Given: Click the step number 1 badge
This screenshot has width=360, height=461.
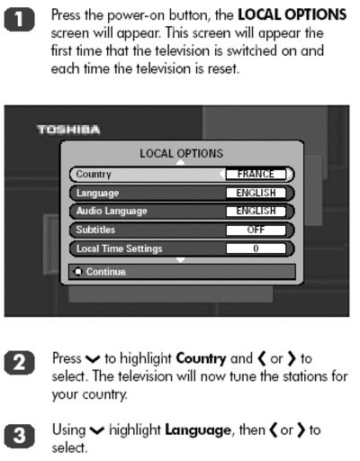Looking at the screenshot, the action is click(x=19, y=20).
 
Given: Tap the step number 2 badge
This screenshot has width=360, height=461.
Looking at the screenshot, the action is click(x=19, y=362).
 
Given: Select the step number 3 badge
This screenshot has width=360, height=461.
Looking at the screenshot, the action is click(x=19, y=436).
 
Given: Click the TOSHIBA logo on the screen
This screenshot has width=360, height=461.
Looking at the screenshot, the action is click(x=68, y=130).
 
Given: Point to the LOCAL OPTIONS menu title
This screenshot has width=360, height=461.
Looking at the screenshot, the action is click(x=182, y=154).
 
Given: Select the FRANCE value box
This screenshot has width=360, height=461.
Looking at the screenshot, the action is click(x=256, y=174).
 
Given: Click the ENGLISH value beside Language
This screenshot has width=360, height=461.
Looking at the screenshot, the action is click(x=256, y=193).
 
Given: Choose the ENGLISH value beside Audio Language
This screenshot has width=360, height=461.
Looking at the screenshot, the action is click(x=256, y=211).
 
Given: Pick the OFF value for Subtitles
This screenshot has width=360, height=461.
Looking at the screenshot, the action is click(x=256, y=230).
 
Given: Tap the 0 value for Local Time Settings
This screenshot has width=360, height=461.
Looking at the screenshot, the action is click(x=256, y=249).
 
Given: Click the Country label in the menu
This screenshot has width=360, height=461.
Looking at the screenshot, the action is click(x=94, y=175).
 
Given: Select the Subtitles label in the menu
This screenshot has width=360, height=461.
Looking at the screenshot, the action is click(x=95, y=230).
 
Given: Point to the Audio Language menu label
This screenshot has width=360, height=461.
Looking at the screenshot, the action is click(x=112, y=212).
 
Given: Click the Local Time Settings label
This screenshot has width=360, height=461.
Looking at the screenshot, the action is click(x=119, y=249).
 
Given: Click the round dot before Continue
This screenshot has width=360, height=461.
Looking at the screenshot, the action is click(x=78, y=272).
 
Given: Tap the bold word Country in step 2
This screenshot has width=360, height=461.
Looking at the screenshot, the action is click(x=201, y=359).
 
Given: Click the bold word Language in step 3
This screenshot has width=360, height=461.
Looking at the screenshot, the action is click(x=198, y=431).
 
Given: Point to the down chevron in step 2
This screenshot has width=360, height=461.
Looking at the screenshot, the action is click(x=93, y=358).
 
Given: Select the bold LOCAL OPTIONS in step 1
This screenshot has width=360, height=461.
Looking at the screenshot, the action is click(x=292, y=14).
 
